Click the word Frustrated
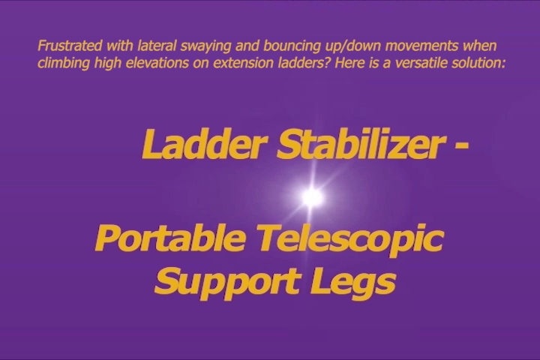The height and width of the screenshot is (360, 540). [x=70, y=46]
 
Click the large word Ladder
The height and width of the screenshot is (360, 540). [x=205, y=144]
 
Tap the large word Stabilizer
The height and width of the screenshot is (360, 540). [x=359, y=144]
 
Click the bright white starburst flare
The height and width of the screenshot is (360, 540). [x=312, y=196]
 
